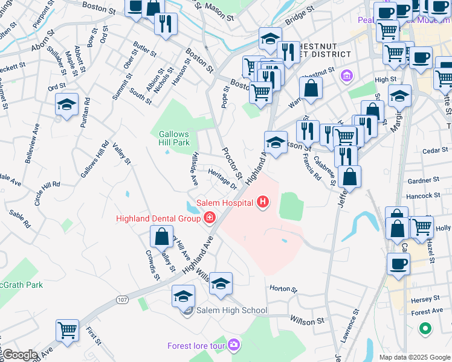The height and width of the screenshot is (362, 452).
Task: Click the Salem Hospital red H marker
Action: tap(262, 202)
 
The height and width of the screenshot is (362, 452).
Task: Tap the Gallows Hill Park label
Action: tap(175, 138)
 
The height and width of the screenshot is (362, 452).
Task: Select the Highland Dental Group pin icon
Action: tap(209, 218)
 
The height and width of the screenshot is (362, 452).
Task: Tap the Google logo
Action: tap(19, 355)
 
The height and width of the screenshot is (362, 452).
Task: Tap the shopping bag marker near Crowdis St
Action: tap(162, 237)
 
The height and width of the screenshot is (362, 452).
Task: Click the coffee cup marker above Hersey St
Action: tap(398, 264)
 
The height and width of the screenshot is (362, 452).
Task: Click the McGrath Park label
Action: tap(21, 285)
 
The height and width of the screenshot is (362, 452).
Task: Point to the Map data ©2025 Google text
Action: tap(414, 357)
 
